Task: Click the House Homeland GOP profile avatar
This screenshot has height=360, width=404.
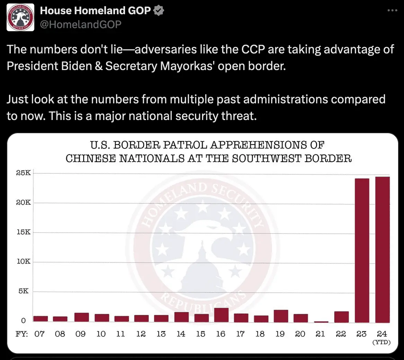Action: pyautogui.click(x=20, y=17)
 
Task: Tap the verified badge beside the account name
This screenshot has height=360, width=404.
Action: pyautogui.click(x=159, y=11)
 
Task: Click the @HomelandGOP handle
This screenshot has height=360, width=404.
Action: pyautogui.click(x=80, y=24)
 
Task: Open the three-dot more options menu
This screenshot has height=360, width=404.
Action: pyautogui.click(x=392, y=11)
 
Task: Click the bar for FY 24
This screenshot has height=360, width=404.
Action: pyautogui.click(x=382, y=249)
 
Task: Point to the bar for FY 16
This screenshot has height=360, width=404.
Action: pyautogui.click(x=221, y=315)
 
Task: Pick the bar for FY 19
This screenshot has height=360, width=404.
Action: pyautogui.click(x=281, y=316)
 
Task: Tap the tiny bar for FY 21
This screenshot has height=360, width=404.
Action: pyautogui.click(x=321, y=322)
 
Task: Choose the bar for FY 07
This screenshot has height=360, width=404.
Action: pyautogui.click(x=41, y=318)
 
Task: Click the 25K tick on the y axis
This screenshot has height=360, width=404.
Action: pyautogui.click(x=23, y=173)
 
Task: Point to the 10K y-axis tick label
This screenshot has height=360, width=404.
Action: pyautogui.click(x=23, y=262)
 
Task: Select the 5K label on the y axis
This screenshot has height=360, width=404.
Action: pyautogui.click(x=23, y=291)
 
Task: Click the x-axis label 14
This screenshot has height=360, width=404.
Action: pyautogui.click(x=181, y=334)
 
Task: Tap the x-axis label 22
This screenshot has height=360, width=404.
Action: pyautogui.click(x=341, y=334)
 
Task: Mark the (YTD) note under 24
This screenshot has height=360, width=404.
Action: pyautogui.click(x=381, y=342)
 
